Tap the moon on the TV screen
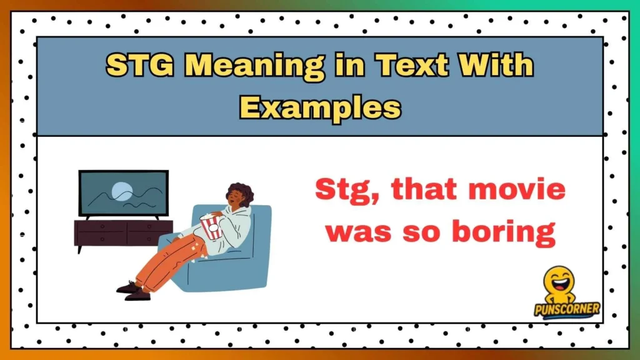tap(119, 189)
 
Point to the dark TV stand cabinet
tap(123, 232)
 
